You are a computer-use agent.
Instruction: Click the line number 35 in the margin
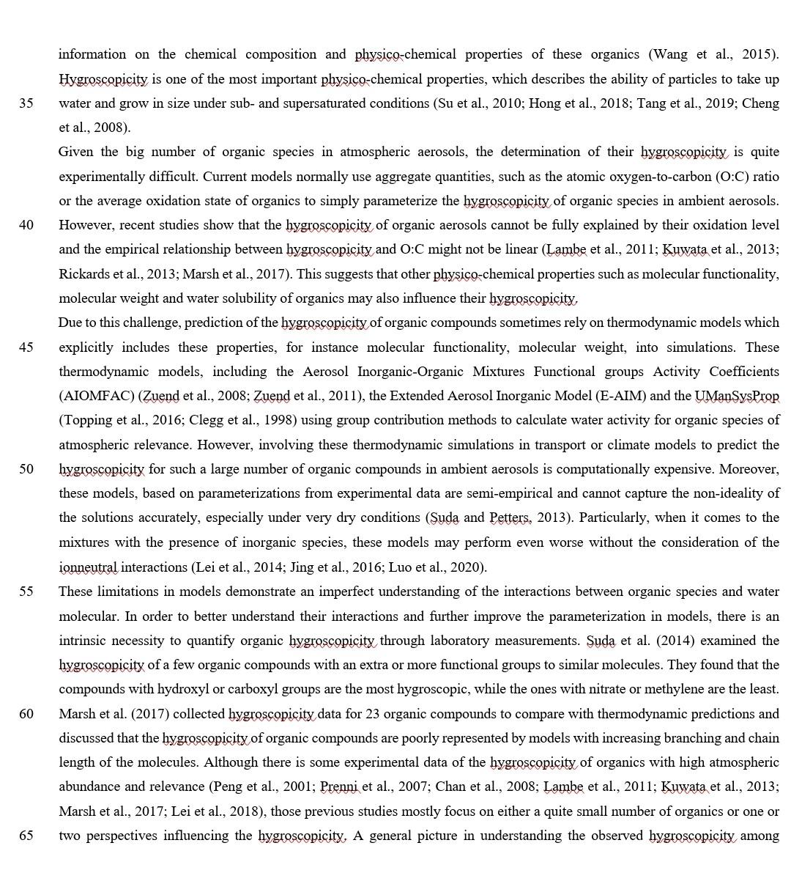(26, 103)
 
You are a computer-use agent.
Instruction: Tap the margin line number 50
(26, 469)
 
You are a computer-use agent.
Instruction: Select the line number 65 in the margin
(26, 836)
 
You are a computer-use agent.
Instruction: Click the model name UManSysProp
(737, 396)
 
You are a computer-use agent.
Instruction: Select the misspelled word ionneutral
(88, 567)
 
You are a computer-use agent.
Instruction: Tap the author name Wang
(669, 54)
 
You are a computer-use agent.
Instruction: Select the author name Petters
(510, 518)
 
